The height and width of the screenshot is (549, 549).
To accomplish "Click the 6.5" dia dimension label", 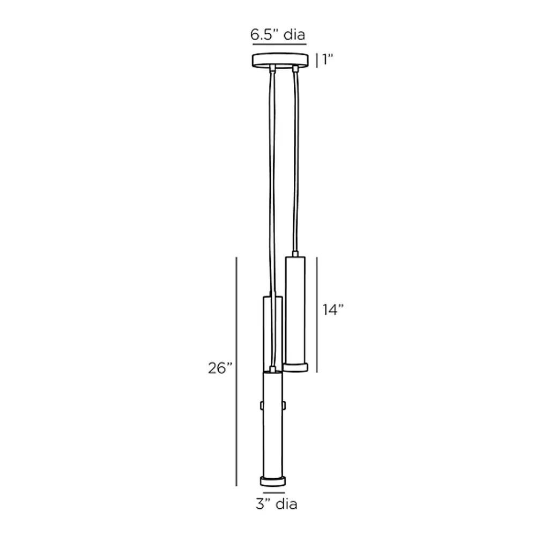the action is click(x=278, y=34).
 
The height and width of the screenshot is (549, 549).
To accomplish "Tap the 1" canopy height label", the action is click(x=328, y=60).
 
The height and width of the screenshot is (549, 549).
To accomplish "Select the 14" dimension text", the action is click(x=332, y=309).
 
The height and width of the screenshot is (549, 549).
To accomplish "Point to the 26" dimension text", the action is click(x=220, y=368).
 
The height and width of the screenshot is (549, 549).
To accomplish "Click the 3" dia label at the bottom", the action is click(x=277, y=504).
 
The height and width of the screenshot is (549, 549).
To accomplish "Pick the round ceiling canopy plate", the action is click(x=280, y=60).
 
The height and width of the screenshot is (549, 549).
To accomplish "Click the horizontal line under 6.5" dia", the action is click(x=279, y=44).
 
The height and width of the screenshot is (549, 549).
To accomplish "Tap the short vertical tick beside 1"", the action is click(x=317, y=60).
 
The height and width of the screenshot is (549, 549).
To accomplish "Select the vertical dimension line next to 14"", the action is click(x=317, y=315).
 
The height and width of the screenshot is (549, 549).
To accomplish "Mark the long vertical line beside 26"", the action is click(x=236, y=372).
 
